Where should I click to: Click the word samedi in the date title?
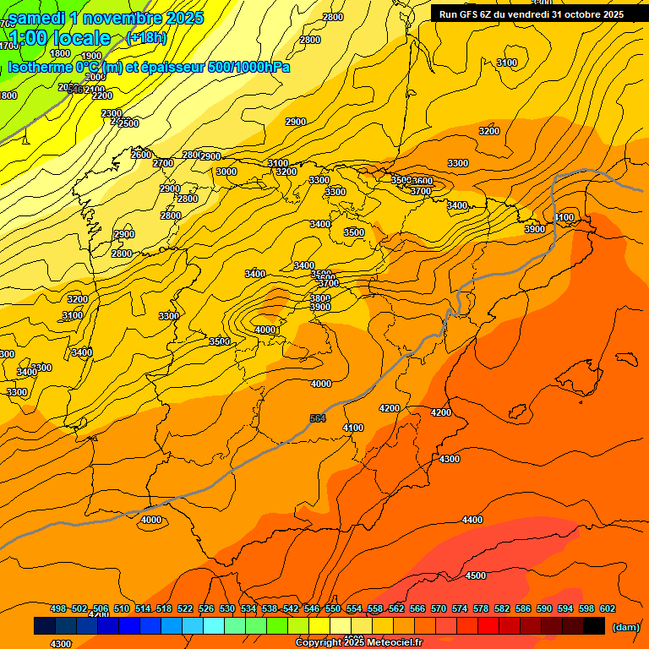pyautogui.click(x=39, y=17)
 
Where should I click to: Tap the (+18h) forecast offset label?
pyautogui.click(x=146, y=37)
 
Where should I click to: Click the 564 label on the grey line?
pyautogui.click(x=318, y=418)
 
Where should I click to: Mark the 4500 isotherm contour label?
pyautogui.click(x=476, y=575)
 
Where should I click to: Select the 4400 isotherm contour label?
pyautogui.click(x=472, y=520)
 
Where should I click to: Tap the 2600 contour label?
pyautogui.click(x=141, y=155)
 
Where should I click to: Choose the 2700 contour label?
pyautogui.click(x=163, y=163)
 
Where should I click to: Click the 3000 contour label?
pyautogui.click(x=226, y=172)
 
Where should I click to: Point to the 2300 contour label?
pyautogui.click(x=112, y=113)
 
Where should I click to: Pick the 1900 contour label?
pyautogui.click(x=91, y=56)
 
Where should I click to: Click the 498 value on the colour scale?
pyautogui.click(x=58, y=608)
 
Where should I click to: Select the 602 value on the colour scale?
pyautogui.click(x=608, y=608)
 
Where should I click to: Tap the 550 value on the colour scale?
pyautogui.click(x=333, y=608)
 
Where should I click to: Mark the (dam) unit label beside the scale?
pyautogui.click(x=625, y=626)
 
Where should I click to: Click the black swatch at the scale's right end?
pyautogui.click(x=594, y=626)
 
